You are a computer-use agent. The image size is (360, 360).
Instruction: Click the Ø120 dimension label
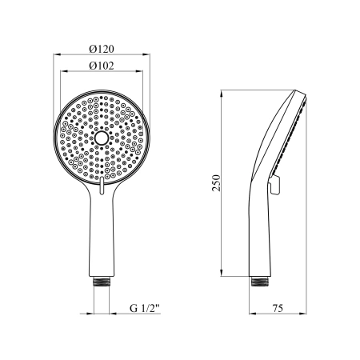[102, 49]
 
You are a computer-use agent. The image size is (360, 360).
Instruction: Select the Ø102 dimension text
[102, 66]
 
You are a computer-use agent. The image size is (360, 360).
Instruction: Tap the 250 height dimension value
[216, 183]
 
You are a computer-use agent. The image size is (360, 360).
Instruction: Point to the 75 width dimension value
[278, 308]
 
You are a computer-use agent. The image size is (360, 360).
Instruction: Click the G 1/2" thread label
[144, 308]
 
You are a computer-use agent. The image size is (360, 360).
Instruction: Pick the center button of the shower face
[102, 138]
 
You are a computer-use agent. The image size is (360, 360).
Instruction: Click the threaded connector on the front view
[102, 282]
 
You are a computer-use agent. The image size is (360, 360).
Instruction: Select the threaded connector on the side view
[260, 282]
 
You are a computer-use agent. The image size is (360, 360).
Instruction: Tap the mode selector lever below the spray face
[102, 185]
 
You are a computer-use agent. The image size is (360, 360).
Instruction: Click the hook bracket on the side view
[274, 185]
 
